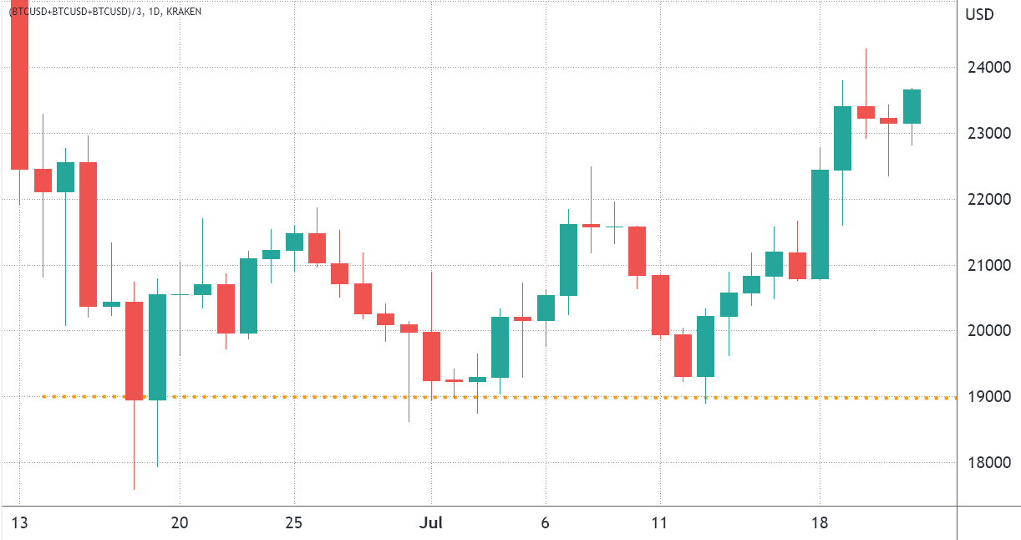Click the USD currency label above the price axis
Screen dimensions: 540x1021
coord(978,14)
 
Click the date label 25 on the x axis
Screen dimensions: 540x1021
coord(294,522)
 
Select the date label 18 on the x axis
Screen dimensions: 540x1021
coord(820,522)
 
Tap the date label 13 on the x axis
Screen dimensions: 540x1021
coord(19,522)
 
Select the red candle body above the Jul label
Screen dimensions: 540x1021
coord(431,356)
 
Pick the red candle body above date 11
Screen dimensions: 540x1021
coord(660,305)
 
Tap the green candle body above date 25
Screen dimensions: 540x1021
coord(294,242)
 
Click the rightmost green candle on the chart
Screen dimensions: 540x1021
coord(912,106)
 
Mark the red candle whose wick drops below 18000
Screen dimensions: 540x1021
coord(134,351)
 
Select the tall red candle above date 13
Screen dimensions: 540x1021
coord(19,84)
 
